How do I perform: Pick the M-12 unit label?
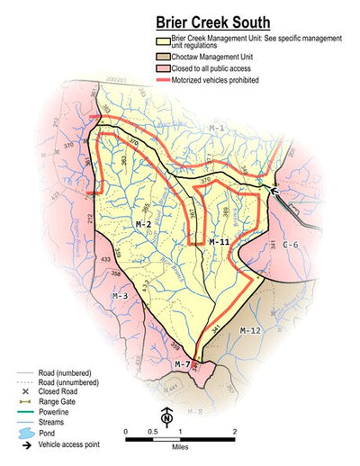pyautogui.click(x=250, y=331)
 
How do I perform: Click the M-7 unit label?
pyautogui.click(x=183, y=364)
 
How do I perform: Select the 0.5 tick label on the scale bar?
pyautogui.click(x=153, y=432)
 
